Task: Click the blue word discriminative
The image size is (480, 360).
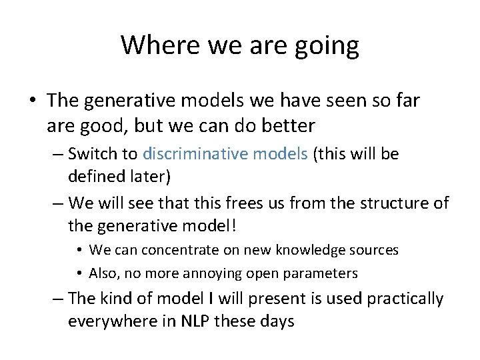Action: (x=191, y=154)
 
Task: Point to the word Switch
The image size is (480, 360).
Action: (x=93, y=154)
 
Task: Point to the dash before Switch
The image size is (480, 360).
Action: (x=57, y=155)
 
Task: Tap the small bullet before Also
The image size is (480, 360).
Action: (x=79, y=273)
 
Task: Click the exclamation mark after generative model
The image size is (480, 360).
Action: (x=233, y=225)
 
